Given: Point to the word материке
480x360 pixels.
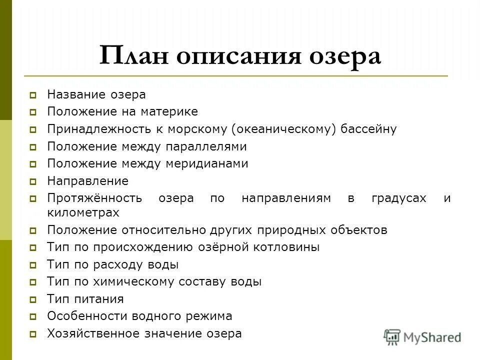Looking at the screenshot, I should tap(170, 111).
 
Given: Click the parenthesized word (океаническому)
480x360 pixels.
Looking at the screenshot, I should tap(284, 129).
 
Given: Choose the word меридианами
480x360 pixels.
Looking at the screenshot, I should tap(209, 163).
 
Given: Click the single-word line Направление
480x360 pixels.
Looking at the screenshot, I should tap(87, 181).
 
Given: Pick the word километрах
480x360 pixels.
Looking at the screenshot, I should tap(83, 212).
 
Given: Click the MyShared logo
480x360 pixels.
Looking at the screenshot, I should tap(422, 336).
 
